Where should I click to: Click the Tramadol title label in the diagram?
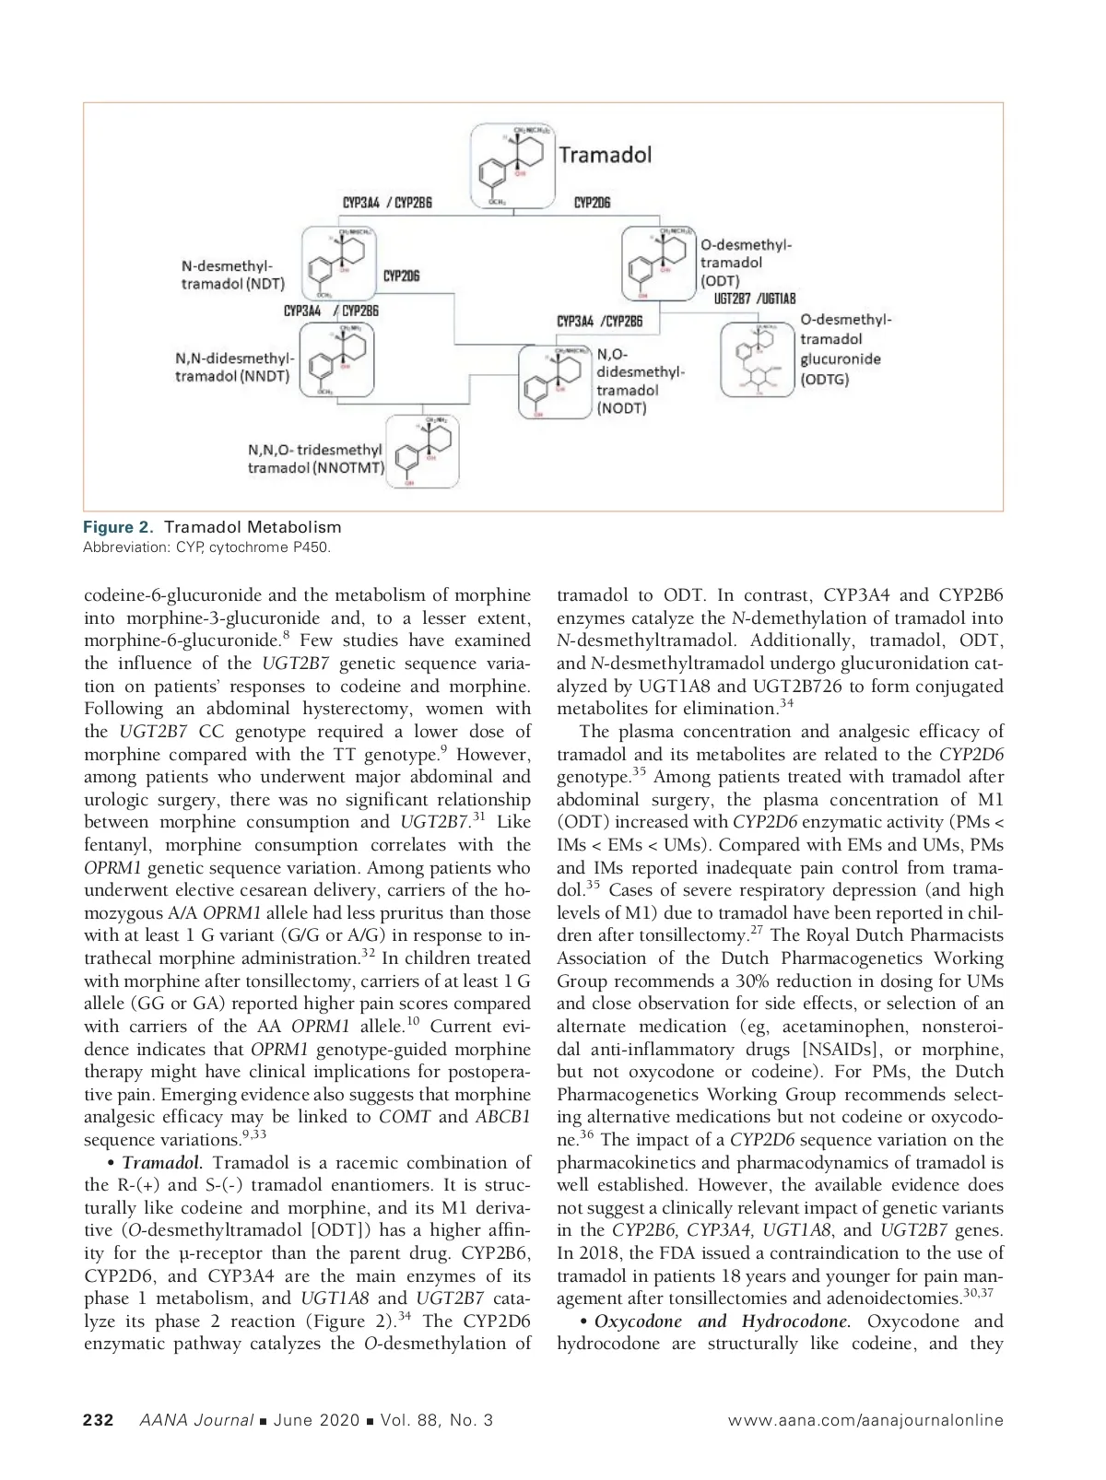click(x=605, y=154)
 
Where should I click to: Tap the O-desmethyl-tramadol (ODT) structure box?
click(x=659, y=263)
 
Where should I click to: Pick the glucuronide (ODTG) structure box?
click(x=757, y=359)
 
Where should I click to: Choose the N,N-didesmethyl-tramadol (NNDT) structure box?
click(x=338, y=361)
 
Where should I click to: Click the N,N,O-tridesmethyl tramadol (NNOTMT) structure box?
click(x=421, y=451)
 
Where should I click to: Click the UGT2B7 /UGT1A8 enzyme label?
click(x=755, y=299)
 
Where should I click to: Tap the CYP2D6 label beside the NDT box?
click(x=401, y=276)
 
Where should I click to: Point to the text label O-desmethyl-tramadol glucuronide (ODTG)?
click(x=845, y=349)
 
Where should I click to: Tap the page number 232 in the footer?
click(x=99, y=1420)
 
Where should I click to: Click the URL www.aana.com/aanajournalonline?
click(x=865, y=1420)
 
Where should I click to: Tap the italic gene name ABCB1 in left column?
click(x=503, y=1117)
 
